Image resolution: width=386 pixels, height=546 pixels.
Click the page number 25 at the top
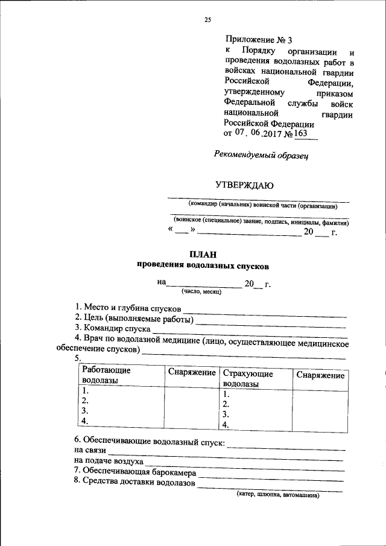point(207,20)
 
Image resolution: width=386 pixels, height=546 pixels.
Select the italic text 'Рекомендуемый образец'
point(261,154)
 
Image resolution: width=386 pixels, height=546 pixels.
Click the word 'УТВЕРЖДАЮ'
point(245,185)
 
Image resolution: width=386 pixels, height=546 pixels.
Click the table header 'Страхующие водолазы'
point(248,378)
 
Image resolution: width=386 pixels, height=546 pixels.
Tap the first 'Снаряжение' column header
point(192,373)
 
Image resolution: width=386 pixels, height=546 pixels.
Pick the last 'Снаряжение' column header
point(320,375)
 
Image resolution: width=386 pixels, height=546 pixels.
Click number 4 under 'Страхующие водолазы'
point(226,425)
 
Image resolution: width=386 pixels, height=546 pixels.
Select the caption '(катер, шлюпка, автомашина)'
point(277,495)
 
